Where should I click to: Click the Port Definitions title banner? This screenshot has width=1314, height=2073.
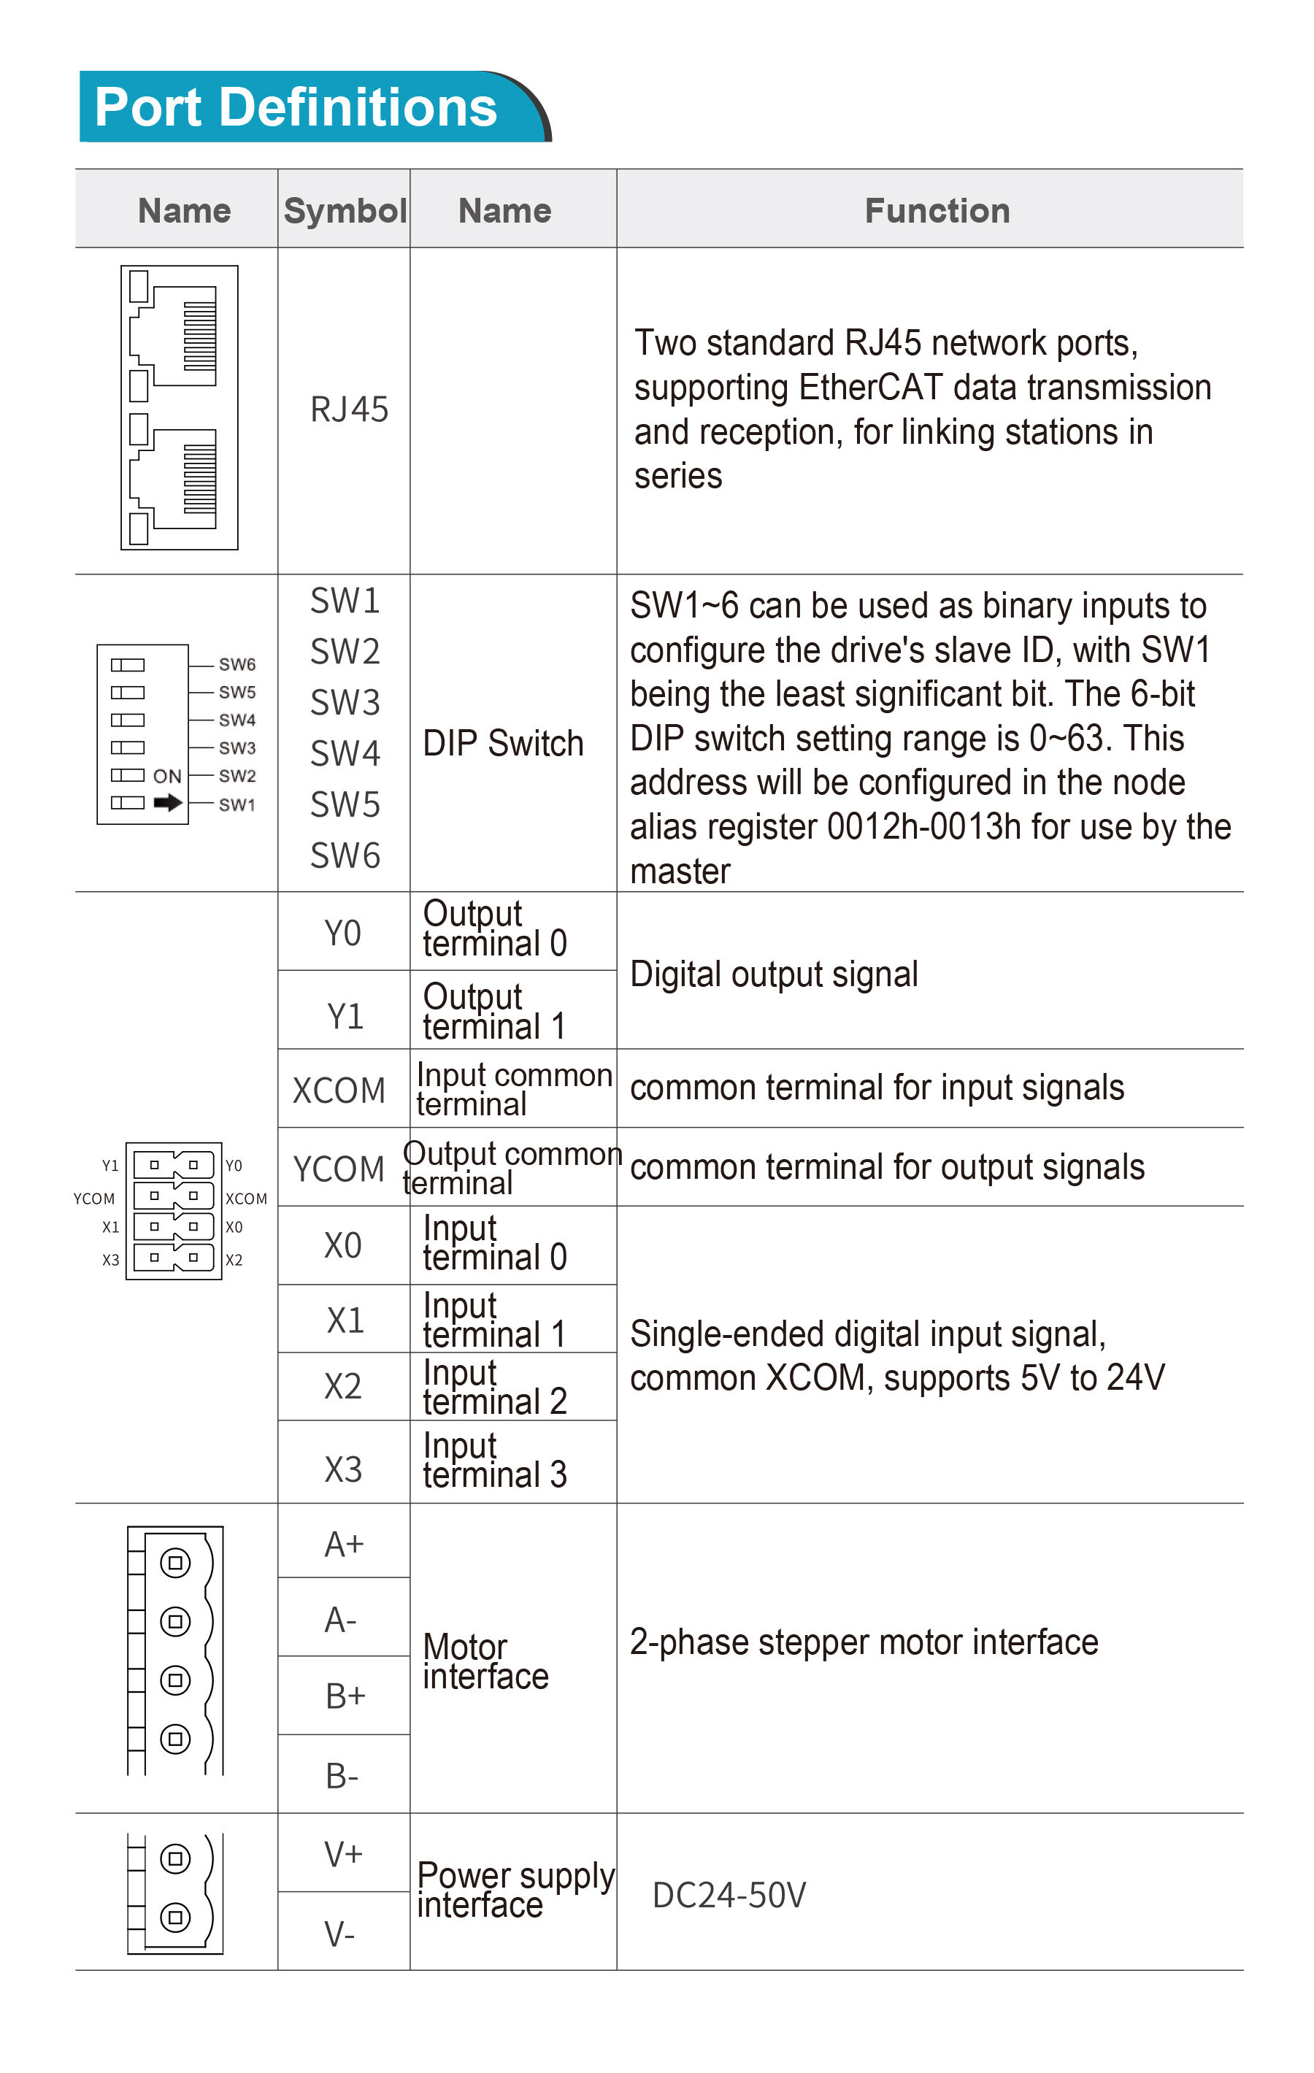pos(315,107)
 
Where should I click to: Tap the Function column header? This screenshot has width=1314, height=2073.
pos(937,211)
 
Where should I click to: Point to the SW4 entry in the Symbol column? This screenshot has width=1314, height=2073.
pos(345,754)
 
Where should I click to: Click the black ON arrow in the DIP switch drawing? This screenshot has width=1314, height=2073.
pos(168,803)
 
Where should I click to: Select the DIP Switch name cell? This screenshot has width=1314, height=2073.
pos(503,743)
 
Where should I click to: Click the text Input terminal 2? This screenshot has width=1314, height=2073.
pos(494,1387)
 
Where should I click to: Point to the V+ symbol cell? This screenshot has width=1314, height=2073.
pos(344,1853)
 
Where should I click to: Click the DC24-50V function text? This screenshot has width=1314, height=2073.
pos(729,1895)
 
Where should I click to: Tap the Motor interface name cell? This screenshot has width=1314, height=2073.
pos(485,1661)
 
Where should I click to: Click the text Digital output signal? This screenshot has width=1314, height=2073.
pos(774,974)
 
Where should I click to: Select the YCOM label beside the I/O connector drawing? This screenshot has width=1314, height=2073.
pos(94,1199)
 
